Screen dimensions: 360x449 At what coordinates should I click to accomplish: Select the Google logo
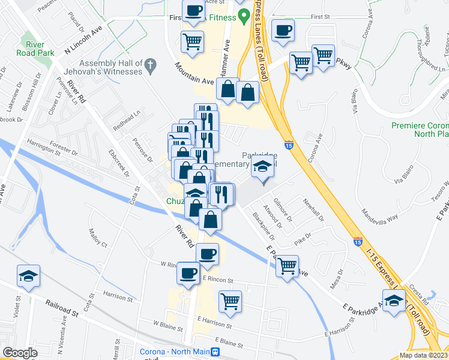[x=20, y=353]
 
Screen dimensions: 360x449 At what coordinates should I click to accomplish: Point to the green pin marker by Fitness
[x=244, y=17]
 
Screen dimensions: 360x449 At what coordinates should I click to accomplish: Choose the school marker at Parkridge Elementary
[x=262, y=167]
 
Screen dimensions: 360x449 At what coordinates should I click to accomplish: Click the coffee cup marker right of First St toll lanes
[x=283, y=29]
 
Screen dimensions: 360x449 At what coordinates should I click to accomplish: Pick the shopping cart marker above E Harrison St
[x=230, y=300]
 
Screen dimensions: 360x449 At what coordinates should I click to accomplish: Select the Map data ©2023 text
[x=423, y=355]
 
